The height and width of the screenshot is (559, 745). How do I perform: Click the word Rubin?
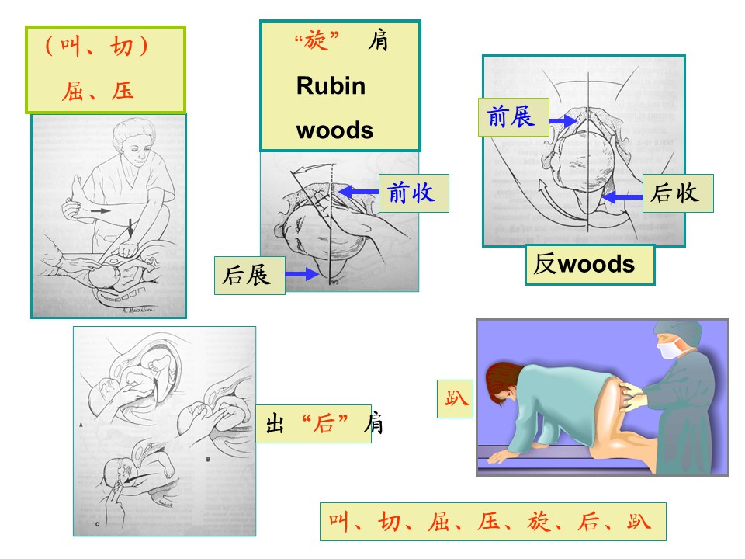point(331,86)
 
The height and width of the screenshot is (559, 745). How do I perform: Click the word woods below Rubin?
point(334,130)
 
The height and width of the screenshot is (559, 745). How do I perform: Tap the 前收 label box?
point(414,193)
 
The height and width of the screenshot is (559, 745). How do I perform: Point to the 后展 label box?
point(249,276)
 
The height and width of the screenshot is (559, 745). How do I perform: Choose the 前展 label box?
point(514,117)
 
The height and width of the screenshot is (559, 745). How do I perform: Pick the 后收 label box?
point(677,193)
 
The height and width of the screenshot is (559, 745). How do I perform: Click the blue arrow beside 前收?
point(359,193)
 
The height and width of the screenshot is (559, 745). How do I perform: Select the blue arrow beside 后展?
point(302,274)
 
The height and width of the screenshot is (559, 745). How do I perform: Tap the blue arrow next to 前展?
point(563,120)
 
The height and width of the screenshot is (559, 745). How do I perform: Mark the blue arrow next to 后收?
point(622,196)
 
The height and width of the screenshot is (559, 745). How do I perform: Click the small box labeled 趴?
point(455,399)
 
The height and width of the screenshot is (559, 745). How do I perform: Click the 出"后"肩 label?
point(319,424)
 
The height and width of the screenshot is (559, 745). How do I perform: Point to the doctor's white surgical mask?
point(669,350)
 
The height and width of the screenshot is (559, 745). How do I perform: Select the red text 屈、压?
point(98,91)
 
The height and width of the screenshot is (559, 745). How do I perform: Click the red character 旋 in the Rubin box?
point(316,40)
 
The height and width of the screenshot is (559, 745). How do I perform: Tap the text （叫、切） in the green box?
point(96,46)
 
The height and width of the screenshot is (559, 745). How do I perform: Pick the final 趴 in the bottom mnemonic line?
point(638,522)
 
